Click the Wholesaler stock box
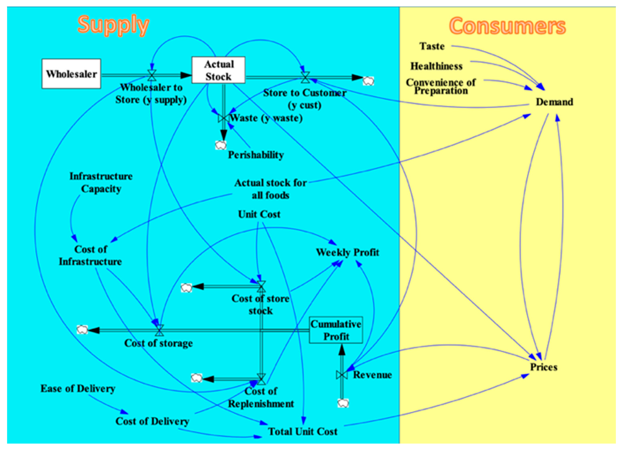tap(71, 74)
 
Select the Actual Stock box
tap(218, 70)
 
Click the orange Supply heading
tap(113, 25)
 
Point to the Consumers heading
tap(507, 26)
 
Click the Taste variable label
tap(432, 46)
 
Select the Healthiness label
tap(436, 66)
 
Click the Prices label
tap(544, 367)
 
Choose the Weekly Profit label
tap(347, 252)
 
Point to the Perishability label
tap(256, 155)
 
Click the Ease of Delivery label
tap(78, 388)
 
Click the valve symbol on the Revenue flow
tap(342, 375)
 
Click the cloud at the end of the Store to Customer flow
tap(368, 81)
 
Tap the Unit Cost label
tap(259, 214)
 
